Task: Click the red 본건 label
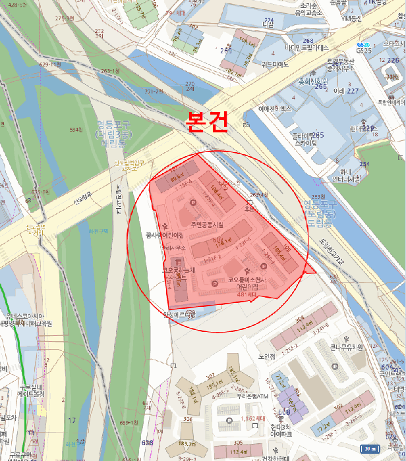click(x=207, y=122)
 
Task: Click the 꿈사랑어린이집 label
click(x=164, y=235)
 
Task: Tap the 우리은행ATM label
click(x=254, y=396)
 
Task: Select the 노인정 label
click(x=267, y=356)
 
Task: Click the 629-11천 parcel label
click(x=49, y=65)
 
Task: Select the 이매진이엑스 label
click(x=275, y=108)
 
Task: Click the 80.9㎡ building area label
click(x=175, y=178)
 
